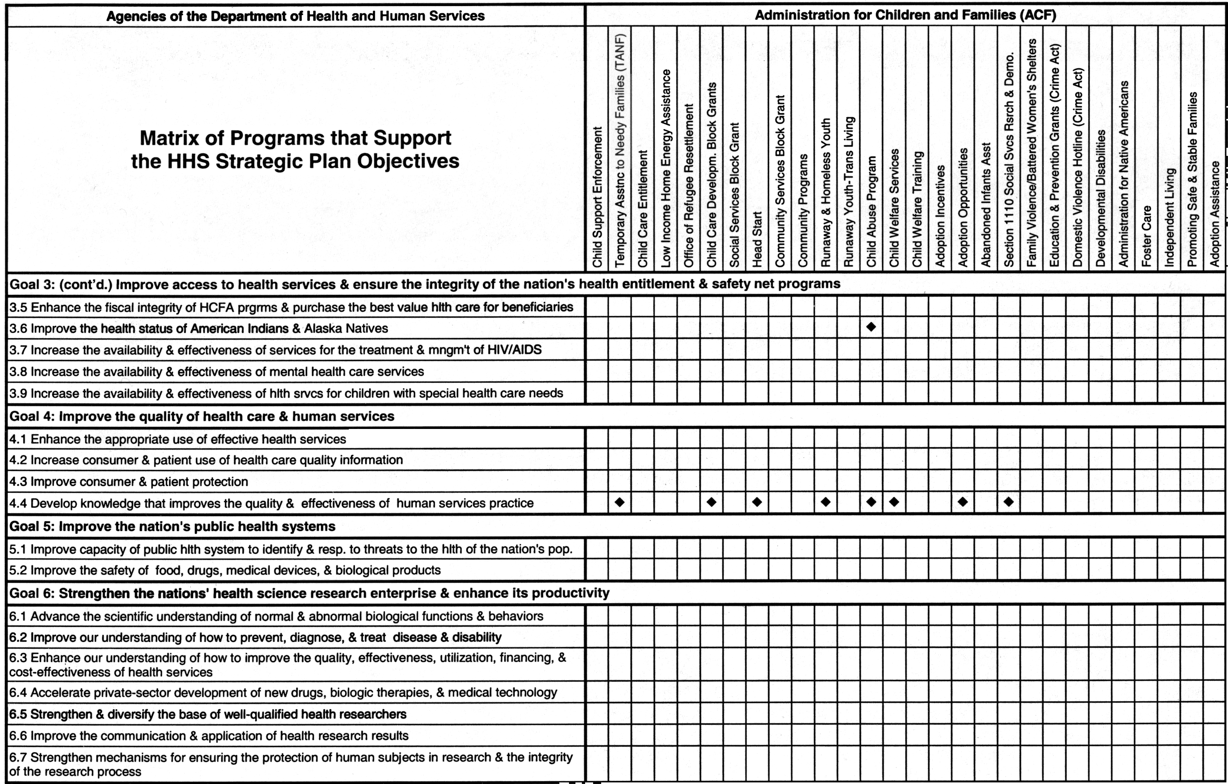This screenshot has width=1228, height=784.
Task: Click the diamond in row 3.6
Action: pyautogui.click(x=871, y=327)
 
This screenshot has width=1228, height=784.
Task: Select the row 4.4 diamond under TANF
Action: pyautogui.click(x=620, y=502)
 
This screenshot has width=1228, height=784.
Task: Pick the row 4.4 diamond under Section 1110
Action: pyautogui.click(x=1009, y=502)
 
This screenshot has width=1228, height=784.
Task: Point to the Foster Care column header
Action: pyautogui.click(x=1146, y=235)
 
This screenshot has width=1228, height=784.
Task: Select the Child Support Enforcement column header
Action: pyautogui.click(x=597, y=196)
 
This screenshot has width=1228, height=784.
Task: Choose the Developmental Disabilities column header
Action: pyautogui.click(x=1101, y=198)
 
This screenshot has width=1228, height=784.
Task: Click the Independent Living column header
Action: pyautogui.click(x=1169, y=217)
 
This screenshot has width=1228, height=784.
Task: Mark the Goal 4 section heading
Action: pyautogui.click(x=202, y=416)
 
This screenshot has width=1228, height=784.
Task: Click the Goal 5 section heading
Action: pyautogui.click(x=172, y=527)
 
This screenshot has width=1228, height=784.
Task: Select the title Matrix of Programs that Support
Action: pyautogui.click(x=295, y=138)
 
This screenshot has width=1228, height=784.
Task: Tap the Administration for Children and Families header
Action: pyautogui.click(x=905, y=15)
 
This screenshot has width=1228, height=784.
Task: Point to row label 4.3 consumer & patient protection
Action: pyautogui.click(x=129, y=482)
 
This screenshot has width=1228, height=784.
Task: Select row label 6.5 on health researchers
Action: pyautogui.click(x=208, y=715)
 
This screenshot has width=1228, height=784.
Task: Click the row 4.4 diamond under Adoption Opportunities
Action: pyautogui.click(x=963, y=502)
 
